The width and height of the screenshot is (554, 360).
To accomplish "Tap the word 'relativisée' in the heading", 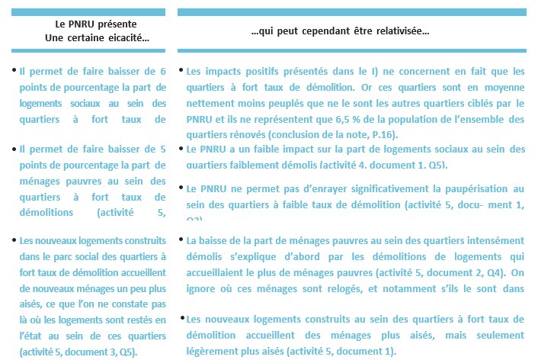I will click(x=404, y=32).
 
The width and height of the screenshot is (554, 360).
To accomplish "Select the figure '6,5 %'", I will click(x=379, y=120).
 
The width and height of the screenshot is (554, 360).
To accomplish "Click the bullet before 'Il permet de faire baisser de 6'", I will click(x=14, y=70).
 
